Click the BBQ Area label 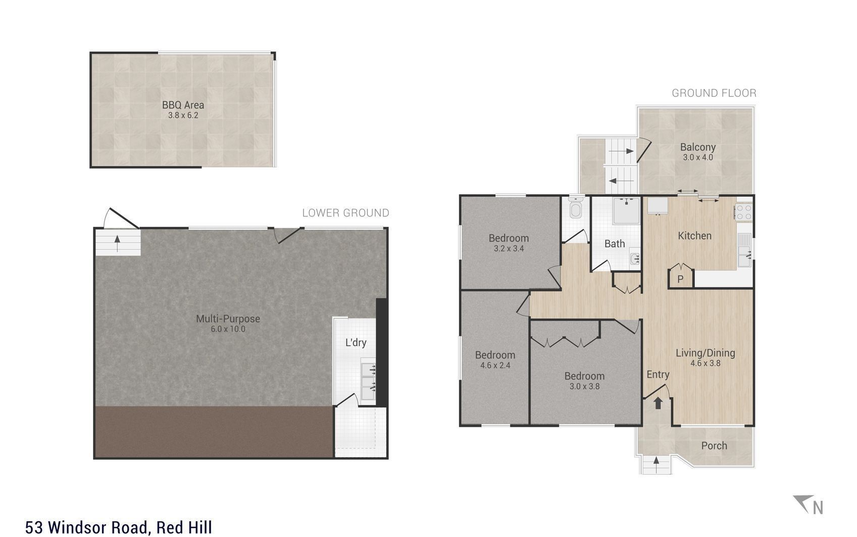(183, 105)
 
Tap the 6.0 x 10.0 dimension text (228, 329)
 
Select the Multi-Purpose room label (228, 319)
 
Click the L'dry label (356, 342)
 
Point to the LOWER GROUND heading (345, 213)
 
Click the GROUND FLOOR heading (714, 93)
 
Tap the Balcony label (697, 147)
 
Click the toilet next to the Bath (576, 208)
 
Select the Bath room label (615, 244)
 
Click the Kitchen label (694, 236)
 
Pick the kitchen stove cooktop (743, 211)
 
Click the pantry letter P (680, 279)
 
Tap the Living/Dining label (705, 353)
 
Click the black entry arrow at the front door (658, 403)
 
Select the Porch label (714, 445)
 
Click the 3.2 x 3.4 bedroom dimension (509, 249)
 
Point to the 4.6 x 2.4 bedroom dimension (495, 365)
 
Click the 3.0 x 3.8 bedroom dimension (584, 386)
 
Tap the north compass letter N (818, 507)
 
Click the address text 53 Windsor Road (88, 527)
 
